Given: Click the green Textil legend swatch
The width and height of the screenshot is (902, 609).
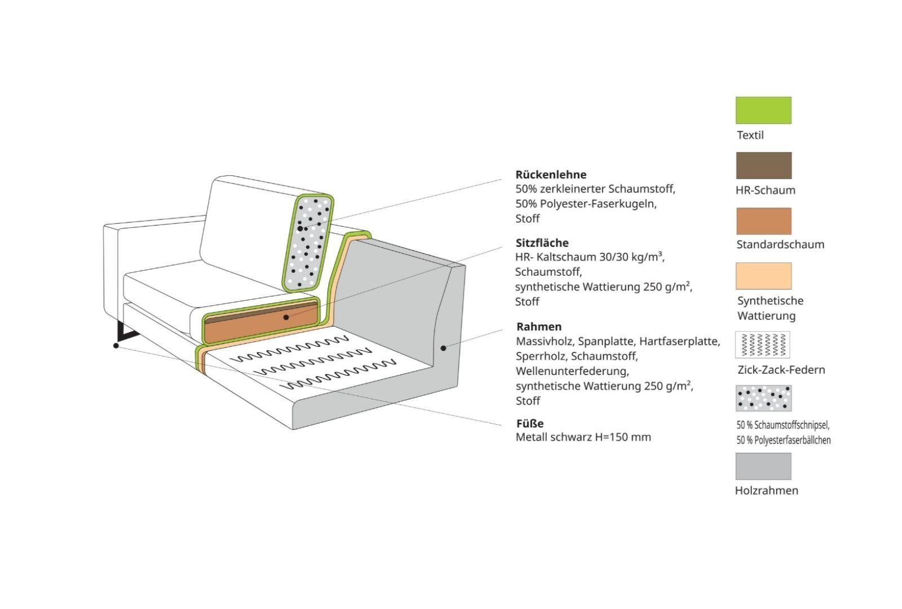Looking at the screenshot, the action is coord(763,110).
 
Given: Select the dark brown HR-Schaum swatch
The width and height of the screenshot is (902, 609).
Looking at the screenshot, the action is coord(763,165).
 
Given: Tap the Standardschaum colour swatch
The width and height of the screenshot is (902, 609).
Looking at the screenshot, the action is coord(763,220).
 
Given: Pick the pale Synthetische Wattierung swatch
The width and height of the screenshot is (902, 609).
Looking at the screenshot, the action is coord(763,276).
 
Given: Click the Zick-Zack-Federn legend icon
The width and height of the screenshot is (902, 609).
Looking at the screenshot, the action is coord(762,345).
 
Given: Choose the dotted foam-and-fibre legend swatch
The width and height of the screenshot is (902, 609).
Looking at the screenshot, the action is coord(763,398).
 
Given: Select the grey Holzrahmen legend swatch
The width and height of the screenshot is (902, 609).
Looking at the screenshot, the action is coord(763,466).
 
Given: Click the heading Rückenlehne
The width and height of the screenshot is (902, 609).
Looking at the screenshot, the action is coord(551,174).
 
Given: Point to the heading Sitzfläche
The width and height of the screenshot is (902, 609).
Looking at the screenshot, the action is coord(542,243).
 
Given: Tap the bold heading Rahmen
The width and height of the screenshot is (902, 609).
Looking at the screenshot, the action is coord(539,326).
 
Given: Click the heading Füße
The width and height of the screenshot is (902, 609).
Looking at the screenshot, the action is coord(530,423).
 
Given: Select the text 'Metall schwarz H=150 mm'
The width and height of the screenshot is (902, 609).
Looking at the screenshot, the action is coord(583,437).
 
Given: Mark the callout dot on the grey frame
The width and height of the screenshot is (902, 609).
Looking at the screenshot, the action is coord(443,348).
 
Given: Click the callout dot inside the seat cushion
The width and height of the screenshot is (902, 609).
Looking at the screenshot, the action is coord(286,317).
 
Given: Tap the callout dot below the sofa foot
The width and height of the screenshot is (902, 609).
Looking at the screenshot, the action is coord(116,346).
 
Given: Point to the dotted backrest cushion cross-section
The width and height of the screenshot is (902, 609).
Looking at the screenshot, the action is coord(308,242).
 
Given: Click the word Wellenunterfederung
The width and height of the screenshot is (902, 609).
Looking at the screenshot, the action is coord(572,371).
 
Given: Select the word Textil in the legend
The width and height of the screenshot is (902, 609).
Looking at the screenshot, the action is coord(750,135).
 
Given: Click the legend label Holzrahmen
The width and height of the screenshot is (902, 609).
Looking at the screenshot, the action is coord(766,490).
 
